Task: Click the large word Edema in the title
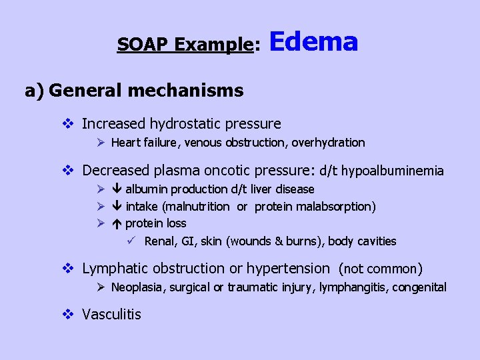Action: pos(314,42)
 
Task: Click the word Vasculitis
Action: pos(111,314)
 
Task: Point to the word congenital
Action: pos(421,287)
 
